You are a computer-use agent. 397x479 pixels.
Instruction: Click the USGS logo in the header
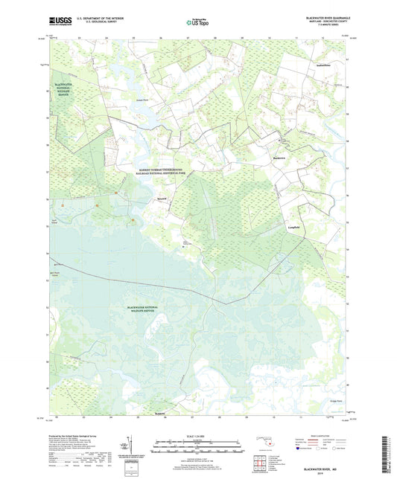point(60,23)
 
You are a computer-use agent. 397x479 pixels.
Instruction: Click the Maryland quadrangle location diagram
point(265,447)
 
